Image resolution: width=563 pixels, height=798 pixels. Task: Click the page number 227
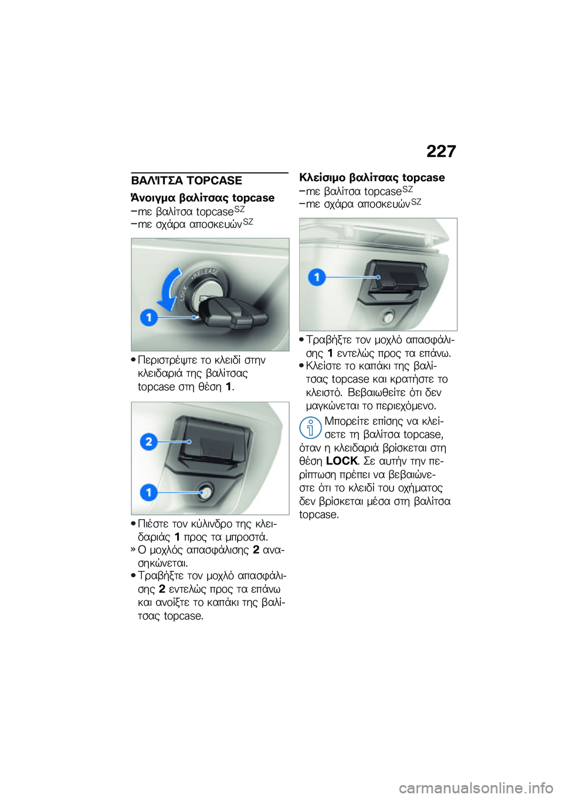pyautogui.click(x=440, y=151)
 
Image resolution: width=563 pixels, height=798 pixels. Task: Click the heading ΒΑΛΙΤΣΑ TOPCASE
pyautogui.click(x=186, y=180)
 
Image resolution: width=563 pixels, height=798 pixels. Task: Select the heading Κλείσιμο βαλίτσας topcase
pyautogui.click(x=372, y=178)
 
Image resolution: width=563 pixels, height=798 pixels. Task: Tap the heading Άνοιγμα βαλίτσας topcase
pyautogui.click(x=203, y=197)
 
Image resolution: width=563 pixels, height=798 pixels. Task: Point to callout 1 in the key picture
pyautogui.click(x=149, y=317)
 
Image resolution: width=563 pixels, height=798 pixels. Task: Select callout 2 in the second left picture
pyautogui.click(x=149, y=441)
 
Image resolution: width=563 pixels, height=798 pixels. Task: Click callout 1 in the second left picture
pyautogui.click(x=149, y=492)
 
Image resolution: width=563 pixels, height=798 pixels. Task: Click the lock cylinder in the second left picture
pyautogui.click(x=205, y=492)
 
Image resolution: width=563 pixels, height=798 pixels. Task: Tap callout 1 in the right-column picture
pyautogui.click(x=317, y=277)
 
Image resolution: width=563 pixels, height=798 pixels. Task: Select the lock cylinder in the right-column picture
pyautogui.click(x=388, y=318)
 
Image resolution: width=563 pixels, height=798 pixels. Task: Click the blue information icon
pyautogui.click(x=310, y=428)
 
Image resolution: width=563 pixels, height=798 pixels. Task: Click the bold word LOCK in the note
pyautogui.click(x=341, y=461)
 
